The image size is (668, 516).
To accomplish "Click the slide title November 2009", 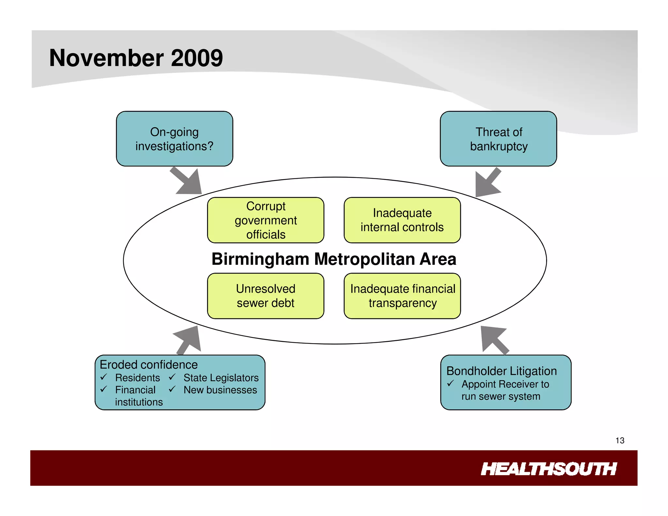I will pos(136,58).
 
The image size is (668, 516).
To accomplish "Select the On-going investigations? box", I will pos(175,139).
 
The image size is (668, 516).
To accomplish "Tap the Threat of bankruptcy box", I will pos(498,139).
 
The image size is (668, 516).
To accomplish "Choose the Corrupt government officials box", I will pos(266,220).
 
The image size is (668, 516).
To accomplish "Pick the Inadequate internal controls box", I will pos(402,220).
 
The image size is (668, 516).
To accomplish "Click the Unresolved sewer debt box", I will pos(266,296).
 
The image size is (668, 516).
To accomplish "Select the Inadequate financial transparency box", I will pos(402,296).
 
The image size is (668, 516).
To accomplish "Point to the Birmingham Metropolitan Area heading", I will pos(334,259).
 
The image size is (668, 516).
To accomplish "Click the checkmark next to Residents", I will pos(104,377).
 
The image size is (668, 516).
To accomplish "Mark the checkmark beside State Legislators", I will pos(172,377).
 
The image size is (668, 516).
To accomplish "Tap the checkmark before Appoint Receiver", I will pos(450,384).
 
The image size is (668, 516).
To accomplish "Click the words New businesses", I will pos(220,390).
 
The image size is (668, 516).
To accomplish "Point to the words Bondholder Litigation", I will pos(501,371).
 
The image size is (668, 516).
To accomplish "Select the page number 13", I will pos(620,441).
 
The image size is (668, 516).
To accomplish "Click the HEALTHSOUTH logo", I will pos(549,469).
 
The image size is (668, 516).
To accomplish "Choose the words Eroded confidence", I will pos(149,365).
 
